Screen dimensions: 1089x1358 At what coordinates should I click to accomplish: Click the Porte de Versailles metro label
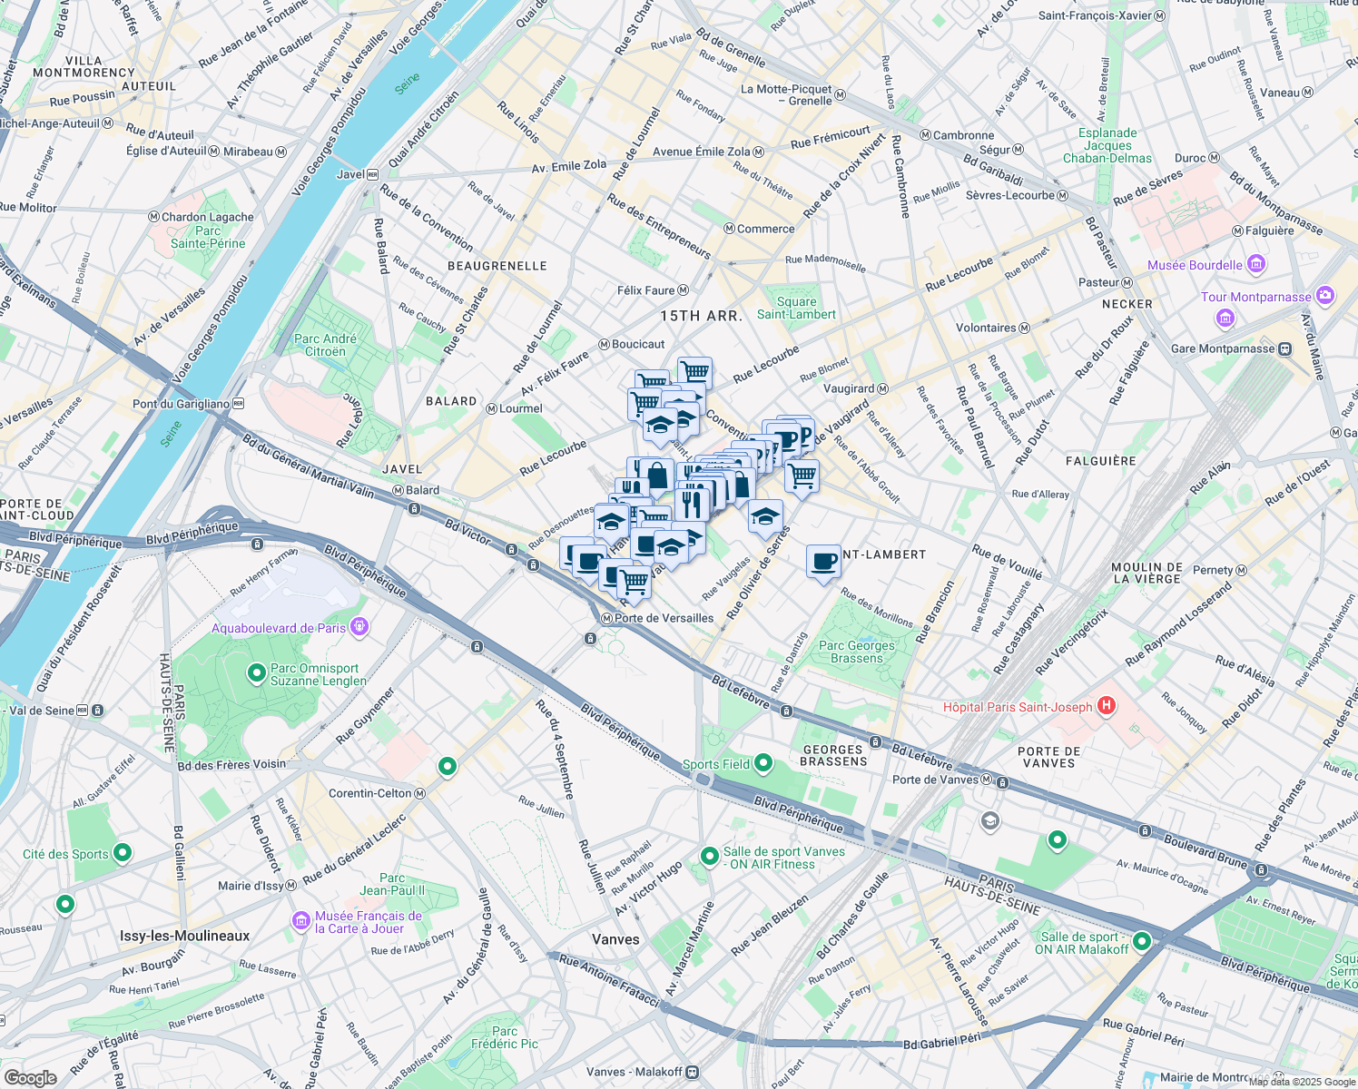[664, 618]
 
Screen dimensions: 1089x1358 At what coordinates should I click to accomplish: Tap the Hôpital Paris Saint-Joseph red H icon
[1106, 706]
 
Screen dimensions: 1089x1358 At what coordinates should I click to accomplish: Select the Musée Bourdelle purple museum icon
[1256, 264]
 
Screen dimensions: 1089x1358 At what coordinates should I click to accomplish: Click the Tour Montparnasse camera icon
[1325, 296]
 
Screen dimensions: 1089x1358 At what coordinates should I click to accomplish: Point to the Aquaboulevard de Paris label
[279, 628]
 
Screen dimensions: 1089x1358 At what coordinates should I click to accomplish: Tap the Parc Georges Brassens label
[856, 652]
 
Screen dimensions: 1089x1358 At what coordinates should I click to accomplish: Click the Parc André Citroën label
[325, 345]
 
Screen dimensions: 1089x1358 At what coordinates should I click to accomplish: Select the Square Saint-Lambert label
[796, 308]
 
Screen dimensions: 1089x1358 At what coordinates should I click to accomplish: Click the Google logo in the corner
[30, 1077]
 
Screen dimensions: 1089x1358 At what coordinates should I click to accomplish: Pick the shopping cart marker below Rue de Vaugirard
[802, 476]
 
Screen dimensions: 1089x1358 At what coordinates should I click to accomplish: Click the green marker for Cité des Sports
[123, 853]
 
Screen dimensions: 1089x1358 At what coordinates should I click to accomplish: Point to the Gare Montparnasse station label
[1223, 348]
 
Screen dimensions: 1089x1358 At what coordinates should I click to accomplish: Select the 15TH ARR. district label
[701, 316]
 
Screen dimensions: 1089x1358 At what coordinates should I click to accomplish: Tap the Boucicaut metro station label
[638, 344]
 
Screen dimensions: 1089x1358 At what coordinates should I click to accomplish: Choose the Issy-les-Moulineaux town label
[184, 936]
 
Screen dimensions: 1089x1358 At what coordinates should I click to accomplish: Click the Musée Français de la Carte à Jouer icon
[301, 921]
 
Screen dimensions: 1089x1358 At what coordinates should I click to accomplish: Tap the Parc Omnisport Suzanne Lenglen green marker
[257, 673]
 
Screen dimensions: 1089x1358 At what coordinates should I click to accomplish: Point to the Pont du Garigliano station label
[181, 404]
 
